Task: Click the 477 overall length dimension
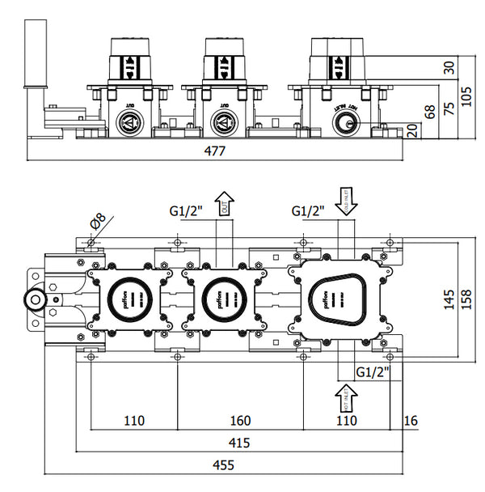[x=213, y=151]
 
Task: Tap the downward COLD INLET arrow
[x=344, y=199]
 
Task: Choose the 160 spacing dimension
[x=240, y=420]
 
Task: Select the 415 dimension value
[x=238, y=443]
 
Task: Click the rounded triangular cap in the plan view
[x=335, y=298]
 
